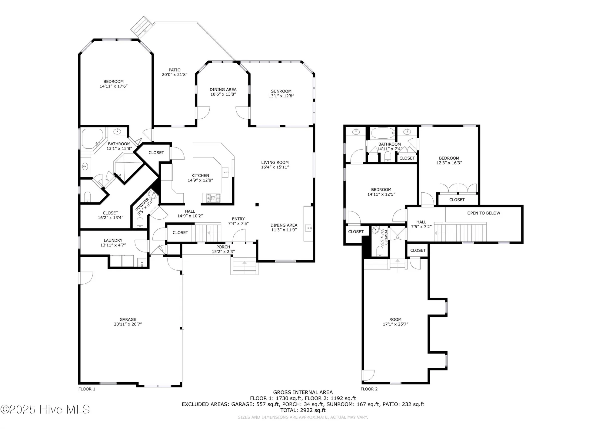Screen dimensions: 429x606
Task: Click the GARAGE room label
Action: [128, 319]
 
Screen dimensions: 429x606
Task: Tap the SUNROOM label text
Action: [281, 91]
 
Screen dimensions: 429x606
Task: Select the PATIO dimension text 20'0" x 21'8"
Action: [175, 74]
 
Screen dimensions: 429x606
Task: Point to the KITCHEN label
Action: [200, 175]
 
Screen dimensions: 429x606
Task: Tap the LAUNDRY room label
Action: [113, 240]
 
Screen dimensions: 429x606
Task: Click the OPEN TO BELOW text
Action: [484, 213]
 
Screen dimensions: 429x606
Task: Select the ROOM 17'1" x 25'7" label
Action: [395, 322]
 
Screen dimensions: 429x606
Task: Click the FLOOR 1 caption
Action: [87, 389]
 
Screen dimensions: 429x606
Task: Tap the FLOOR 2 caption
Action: [369, 389]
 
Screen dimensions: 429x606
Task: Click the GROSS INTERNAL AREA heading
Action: [303, 392]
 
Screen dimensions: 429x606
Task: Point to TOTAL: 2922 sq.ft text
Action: [303, 410]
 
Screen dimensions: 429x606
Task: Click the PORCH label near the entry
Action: [223, 247]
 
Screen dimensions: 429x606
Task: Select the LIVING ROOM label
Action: [275, 162]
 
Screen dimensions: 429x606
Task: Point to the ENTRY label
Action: [238, 219]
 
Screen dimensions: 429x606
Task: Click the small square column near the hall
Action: [257, 205]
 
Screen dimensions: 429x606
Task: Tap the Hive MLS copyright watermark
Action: [45, 410]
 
